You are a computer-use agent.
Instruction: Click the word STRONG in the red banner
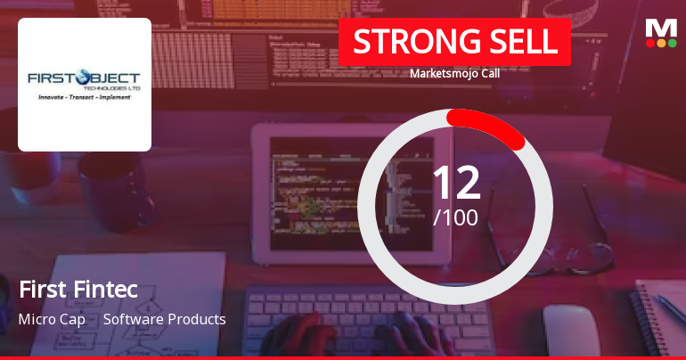coord(410,42)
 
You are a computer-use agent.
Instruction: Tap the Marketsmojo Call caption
coord(454,74)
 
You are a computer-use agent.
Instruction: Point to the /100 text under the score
coord(455,217)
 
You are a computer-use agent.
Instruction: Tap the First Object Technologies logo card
coord(85,85)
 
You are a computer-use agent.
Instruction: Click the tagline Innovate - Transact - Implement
coord(85,96)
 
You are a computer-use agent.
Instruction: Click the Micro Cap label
coord(52,319)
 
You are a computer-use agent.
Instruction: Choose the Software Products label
coord(165,319)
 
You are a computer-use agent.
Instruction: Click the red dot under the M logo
coord(649,42)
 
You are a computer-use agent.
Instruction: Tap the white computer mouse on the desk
coord(570,330)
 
